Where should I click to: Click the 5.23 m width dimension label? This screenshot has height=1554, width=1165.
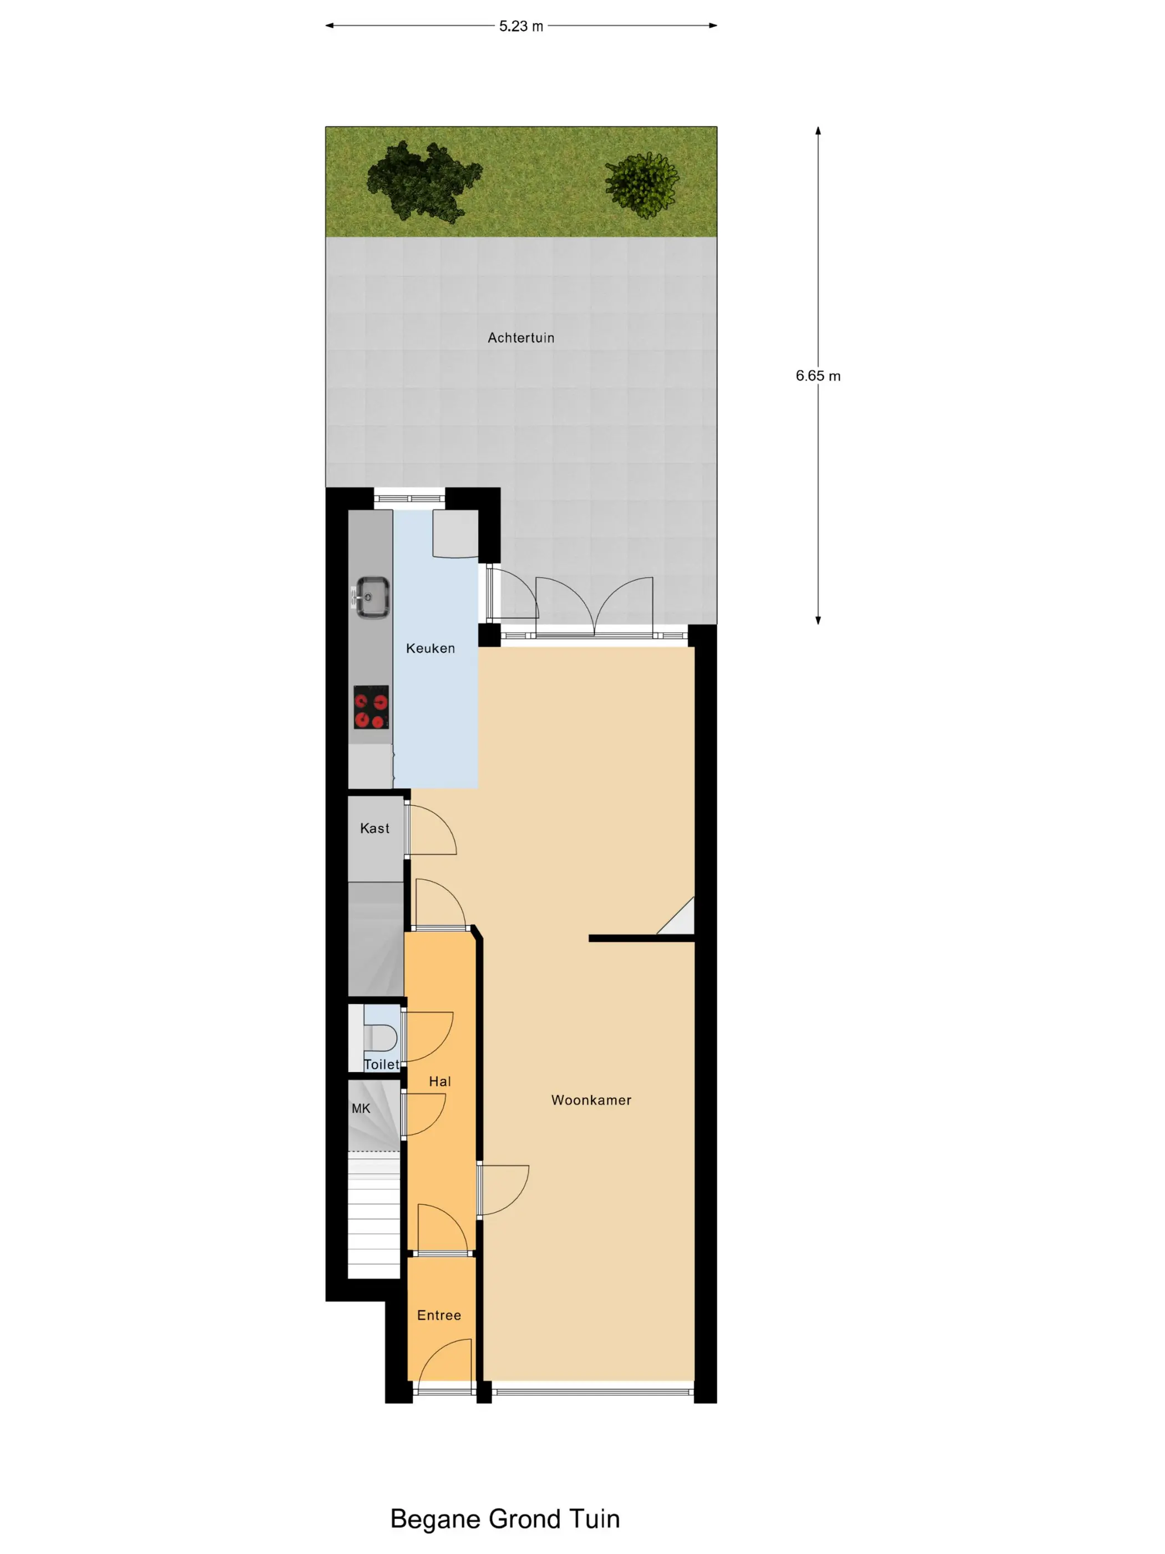click(521, 26)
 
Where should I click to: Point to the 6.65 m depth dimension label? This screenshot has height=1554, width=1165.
click(818, 376)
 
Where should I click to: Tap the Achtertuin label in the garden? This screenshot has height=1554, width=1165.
click(521, 338)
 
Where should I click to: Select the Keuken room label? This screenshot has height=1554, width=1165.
click(430, 648)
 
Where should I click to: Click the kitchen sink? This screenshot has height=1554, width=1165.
click(372, 597)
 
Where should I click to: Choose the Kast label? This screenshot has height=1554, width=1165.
click(375, 828)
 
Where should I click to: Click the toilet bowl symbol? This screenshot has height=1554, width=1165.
click(380, 1037)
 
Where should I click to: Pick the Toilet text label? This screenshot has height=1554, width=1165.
click(381, 1064)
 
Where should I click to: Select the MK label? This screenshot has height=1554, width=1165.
click(361, 1108)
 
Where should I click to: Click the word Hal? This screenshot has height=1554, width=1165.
click(440, 1082)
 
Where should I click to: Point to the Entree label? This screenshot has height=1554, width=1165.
click(439, 1315)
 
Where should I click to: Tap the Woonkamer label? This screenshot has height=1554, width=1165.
click(591, 1100)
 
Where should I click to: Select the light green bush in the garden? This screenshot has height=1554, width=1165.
click(642, 185)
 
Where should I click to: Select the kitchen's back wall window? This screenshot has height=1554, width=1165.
click(409, 498)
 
